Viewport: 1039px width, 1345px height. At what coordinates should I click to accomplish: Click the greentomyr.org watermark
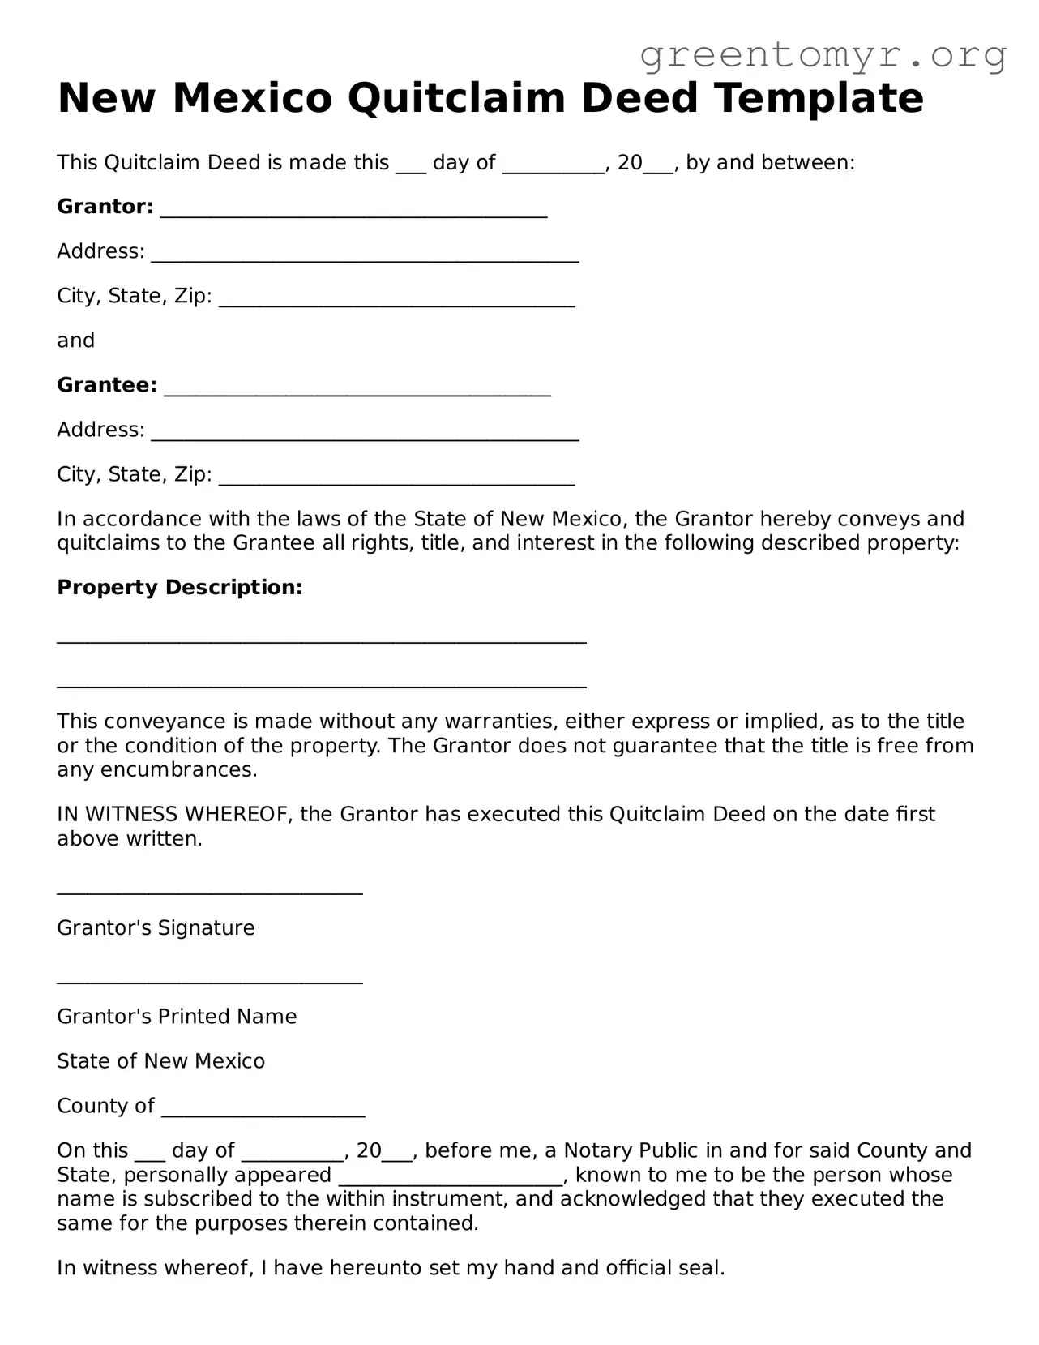coord(823,55)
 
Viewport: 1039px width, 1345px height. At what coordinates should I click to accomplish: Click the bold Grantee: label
coord(107,385)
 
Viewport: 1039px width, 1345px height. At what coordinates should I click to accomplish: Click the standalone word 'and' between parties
coord(75,341)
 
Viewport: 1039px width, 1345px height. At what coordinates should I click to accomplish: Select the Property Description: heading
coord(179,588)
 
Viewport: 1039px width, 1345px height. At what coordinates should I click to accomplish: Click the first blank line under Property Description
coord(321,640)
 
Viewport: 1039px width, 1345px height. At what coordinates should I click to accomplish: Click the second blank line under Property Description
coord(321,685)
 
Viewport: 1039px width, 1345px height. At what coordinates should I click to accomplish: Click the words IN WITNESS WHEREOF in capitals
coord(174,814)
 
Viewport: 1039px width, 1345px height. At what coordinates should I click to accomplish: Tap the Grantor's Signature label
coord(156,927)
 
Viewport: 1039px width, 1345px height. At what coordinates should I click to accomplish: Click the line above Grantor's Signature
coord(209,892)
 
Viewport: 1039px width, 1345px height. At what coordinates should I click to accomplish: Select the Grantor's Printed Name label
coord(177,1017)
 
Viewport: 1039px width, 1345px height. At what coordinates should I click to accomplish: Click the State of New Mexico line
coord(160,1061)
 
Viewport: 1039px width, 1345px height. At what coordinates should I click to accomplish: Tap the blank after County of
coord(263,1113)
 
